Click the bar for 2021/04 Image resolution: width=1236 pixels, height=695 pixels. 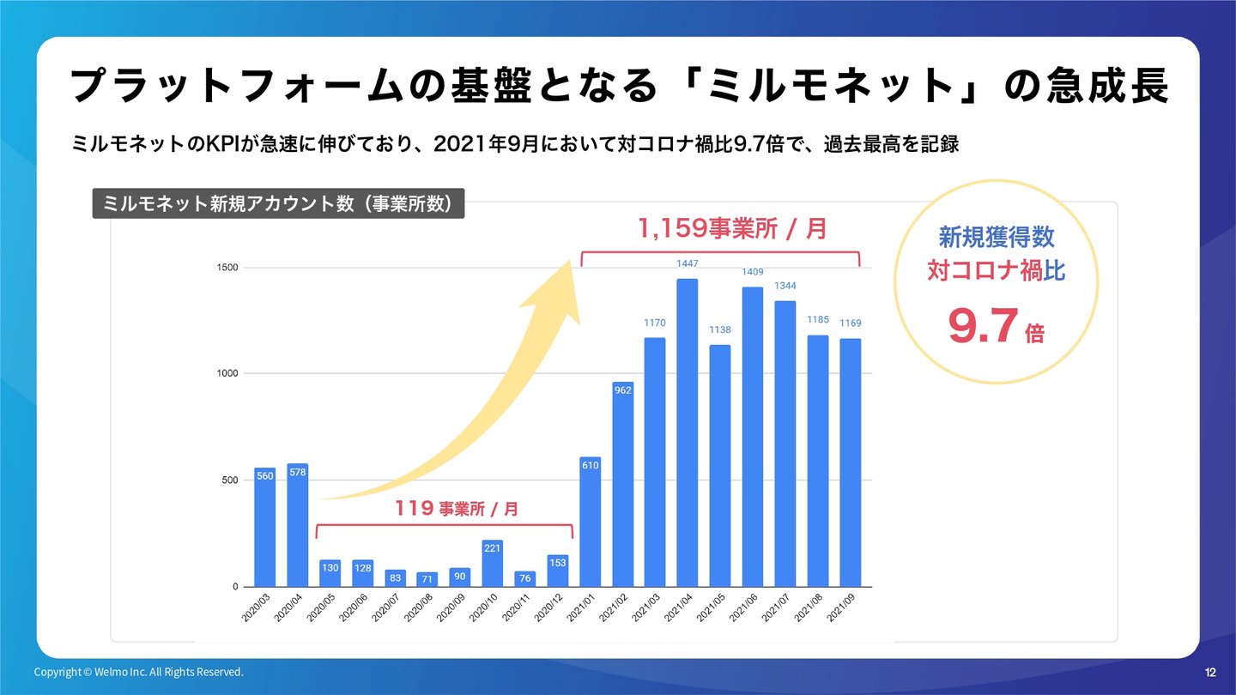click(688, 432)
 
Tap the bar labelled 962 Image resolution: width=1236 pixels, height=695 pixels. click(623, 484)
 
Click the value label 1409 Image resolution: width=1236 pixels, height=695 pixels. click(753, 272)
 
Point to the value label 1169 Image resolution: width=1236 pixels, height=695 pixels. click(850, 323)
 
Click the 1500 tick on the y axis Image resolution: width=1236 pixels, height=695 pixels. click(227, 268)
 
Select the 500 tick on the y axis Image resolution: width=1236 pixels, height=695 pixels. click(230, 480)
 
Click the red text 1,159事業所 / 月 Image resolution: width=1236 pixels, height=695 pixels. click(732, 228)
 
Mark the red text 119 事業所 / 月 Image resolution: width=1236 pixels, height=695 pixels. click(457, 509)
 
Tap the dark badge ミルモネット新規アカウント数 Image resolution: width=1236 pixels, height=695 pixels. click(278, 203)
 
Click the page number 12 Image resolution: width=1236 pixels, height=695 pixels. click(1210, 672)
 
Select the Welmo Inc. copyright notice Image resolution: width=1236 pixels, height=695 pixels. click(139, 672)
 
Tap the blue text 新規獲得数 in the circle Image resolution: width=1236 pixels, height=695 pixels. click(996, 236)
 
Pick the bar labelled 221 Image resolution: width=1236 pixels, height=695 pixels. click(493, 563)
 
